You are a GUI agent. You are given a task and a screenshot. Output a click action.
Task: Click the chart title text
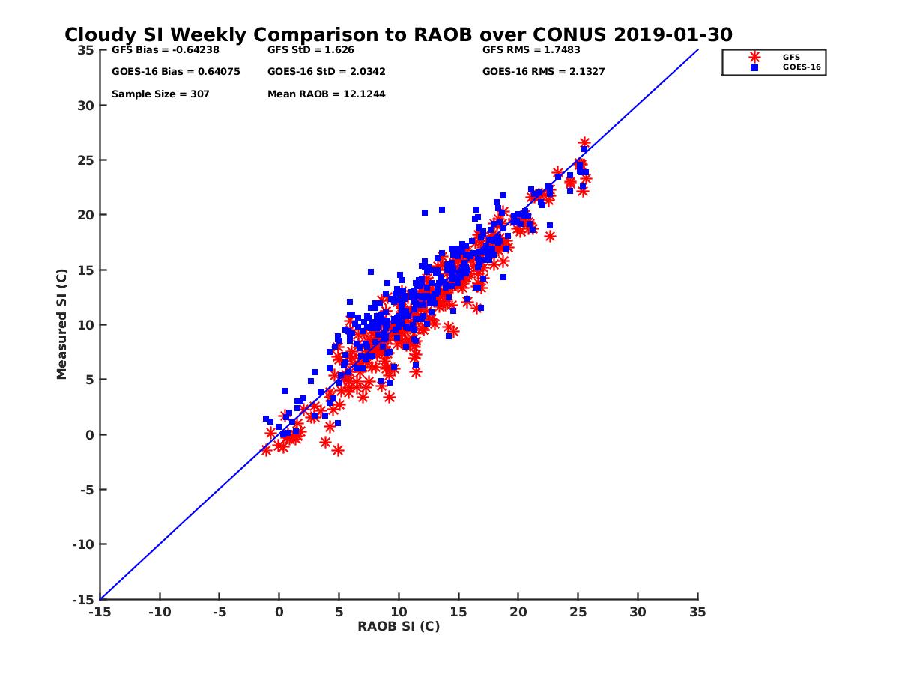[398, 35]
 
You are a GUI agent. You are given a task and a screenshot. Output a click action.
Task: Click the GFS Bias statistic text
[157, 50]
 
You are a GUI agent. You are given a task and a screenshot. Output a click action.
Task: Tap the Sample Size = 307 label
[160, 94]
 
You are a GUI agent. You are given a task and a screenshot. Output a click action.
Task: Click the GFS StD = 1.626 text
[310, 50]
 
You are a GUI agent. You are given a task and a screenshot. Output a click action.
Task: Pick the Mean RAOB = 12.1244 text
[326, 94]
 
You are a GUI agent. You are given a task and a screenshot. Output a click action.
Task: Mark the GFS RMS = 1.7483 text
[531, 50]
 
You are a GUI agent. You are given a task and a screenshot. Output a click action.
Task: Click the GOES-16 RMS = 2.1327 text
[543, 72]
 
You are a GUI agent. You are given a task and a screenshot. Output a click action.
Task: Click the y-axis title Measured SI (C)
[61, 324]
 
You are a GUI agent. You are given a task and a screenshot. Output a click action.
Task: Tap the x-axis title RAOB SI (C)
[398, 626]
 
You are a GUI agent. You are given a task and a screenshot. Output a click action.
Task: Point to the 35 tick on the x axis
[697, 612]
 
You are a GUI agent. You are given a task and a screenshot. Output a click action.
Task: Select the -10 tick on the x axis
[159, 612]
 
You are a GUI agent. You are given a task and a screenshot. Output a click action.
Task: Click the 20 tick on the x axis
[518, 612]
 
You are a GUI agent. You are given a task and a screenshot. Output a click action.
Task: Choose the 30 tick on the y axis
[86, 105]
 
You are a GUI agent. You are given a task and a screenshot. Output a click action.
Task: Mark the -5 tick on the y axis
[88, 490]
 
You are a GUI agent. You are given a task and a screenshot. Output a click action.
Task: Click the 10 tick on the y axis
[86, 325]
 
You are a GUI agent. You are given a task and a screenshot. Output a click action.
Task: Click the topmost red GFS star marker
[584, 142]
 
